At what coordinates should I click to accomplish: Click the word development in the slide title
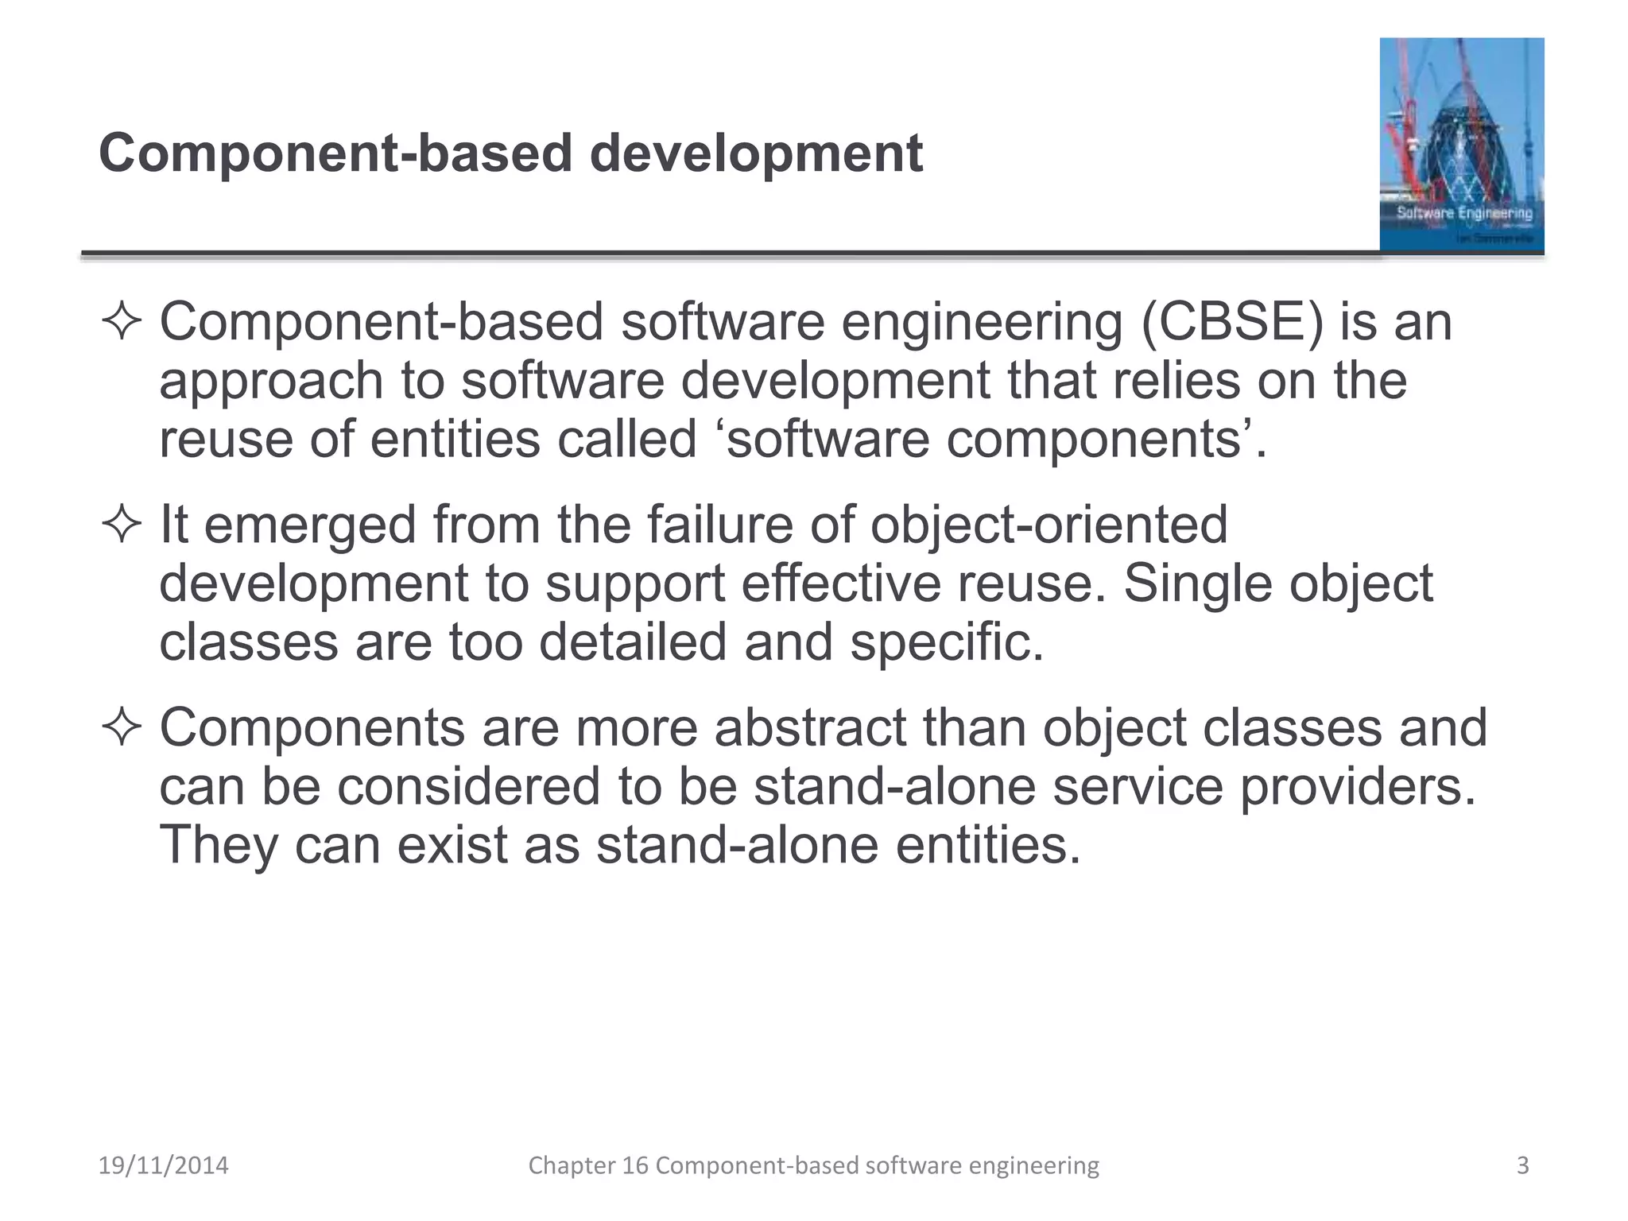(x=755, y=153)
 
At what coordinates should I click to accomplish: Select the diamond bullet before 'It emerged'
(x=122, y=525)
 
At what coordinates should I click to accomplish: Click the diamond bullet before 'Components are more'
(x=122, y=728)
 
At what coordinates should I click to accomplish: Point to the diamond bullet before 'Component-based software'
(x=122, y=323)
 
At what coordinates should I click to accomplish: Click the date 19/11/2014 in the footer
(x=163, y=1165)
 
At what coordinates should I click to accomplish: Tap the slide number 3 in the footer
(x=1522, y=1165)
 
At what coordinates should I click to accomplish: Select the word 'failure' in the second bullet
(x=719, y=525)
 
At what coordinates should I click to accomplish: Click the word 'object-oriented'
(x=1049, y=525)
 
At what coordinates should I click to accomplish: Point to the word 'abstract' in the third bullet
(x=810, y=728)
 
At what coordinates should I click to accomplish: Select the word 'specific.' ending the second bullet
(x=946, y=642)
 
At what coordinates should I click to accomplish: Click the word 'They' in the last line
(x=218, y=845)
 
